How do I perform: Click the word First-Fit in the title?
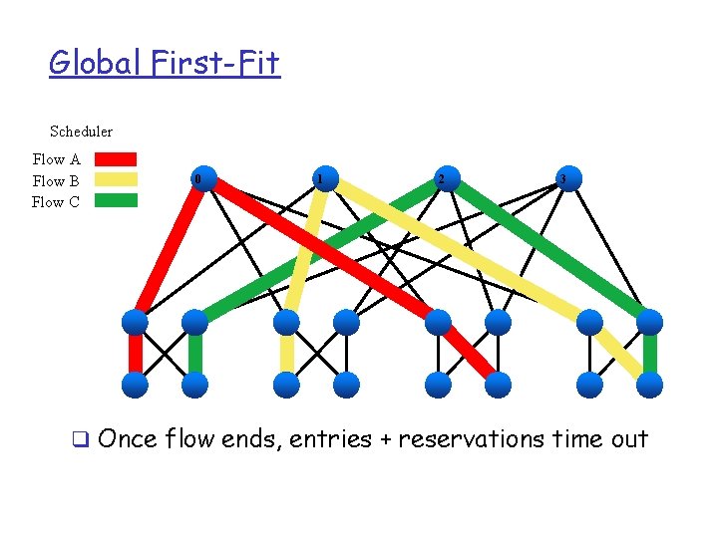[x=216, y=64]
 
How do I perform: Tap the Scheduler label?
[x=81, y=132]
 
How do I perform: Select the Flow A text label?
[x=56, y=159]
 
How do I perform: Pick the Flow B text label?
[x=56, y=181]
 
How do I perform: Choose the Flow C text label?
[x=56, y=202]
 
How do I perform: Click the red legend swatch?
[x=116, y=158]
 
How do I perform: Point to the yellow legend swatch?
[x=116, y=180]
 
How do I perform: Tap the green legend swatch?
[x=116, y=200]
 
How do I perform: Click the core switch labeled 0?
[x=199, y=179]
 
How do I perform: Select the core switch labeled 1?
[x=319, y=179]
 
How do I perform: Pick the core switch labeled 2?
[x=441, y=179]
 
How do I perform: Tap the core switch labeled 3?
[x=563, y=179]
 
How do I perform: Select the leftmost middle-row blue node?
[x=135, y=322]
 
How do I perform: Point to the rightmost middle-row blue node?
[x=649, y=322]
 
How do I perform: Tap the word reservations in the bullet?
[x=471, y=439]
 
